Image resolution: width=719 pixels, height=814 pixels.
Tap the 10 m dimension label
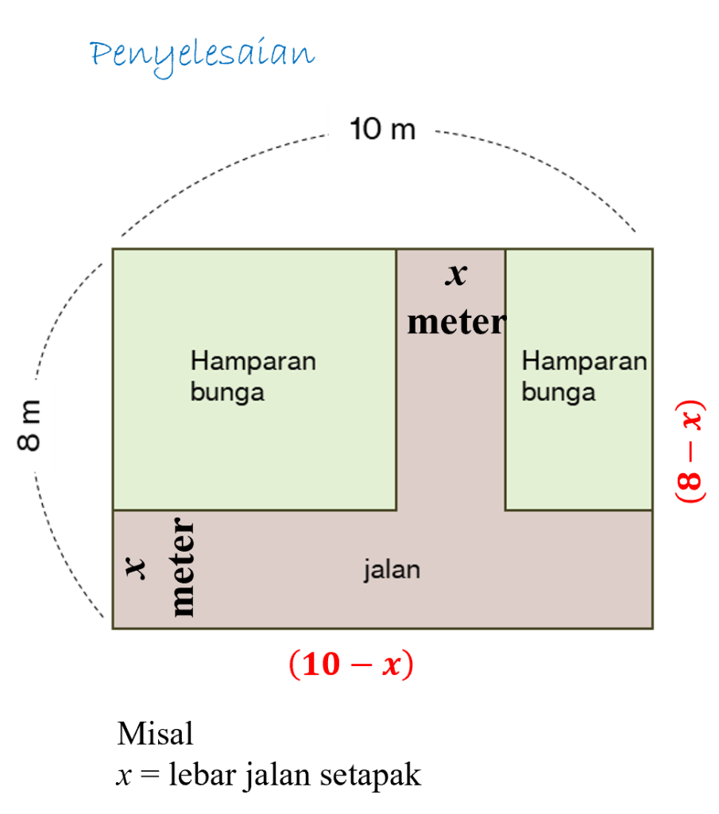pos(382,128)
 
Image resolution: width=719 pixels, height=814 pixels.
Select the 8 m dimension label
pos(29,426)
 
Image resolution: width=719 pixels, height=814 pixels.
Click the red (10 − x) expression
pos(351,665)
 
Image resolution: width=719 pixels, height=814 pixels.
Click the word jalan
pos(392,569)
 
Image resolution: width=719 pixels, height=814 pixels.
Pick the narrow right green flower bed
pos(578,461)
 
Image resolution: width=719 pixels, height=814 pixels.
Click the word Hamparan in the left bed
pos(253,361)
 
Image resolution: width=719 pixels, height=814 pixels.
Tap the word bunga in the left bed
pos(227,392)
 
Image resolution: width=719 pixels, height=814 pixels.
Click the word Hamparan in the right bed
pos(584,361)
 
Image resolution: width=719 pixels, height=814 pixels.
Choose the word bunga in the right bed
pos(558,392)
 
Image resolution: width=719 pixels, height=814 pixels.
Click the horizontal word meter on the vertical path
pos(456,322)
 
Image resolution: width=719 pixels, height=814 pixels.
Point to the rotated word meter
pos(182,568)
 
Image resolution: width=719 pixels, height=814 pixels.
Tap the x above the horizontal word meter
pos(456,275)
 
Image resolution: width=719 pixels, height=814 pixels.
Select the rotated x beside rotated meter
pos(136,568)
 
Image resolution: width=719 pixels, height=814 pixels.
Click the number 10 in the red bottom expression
pos(322,665)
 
